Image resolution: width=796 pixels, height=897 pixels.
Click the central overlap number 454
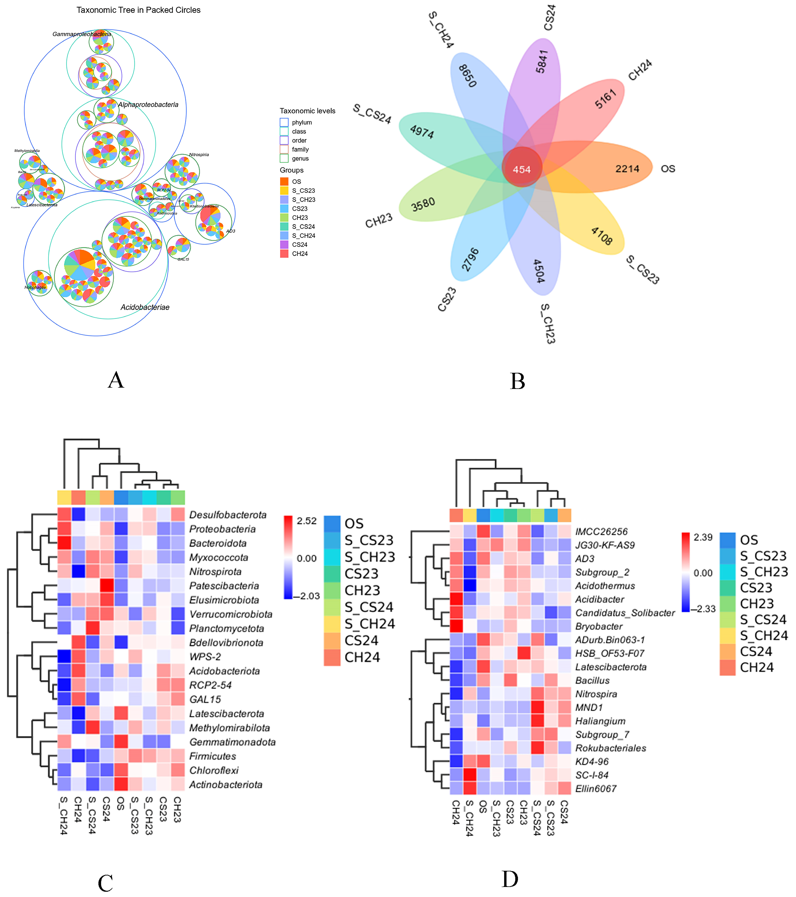click(x=522, y=169)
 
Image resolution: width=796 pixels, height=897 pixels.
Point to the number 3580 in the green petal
click(x=423, y=205)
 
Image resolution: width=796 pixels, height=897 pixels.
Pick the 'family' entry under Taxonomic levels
click(x=300, y=149)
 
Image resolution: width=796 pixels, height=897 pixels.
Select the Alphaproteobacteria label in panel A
click(x=148, y=104)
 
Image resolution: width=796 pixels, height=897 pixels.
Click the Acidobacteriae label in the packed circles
click(x=145, y=307)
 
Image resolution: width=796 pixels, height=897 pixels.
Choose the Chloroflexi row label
click(x=214, y=770)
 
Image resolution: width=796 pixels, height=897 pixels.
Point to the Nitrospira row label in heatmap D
click(x=596, y=694)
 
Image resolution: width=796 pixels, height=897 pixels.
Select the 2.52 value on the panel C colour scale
click(x=307, y=521)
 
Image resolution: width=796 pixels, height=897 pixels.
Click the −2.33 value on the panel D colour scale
click(x=705, y=609)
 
